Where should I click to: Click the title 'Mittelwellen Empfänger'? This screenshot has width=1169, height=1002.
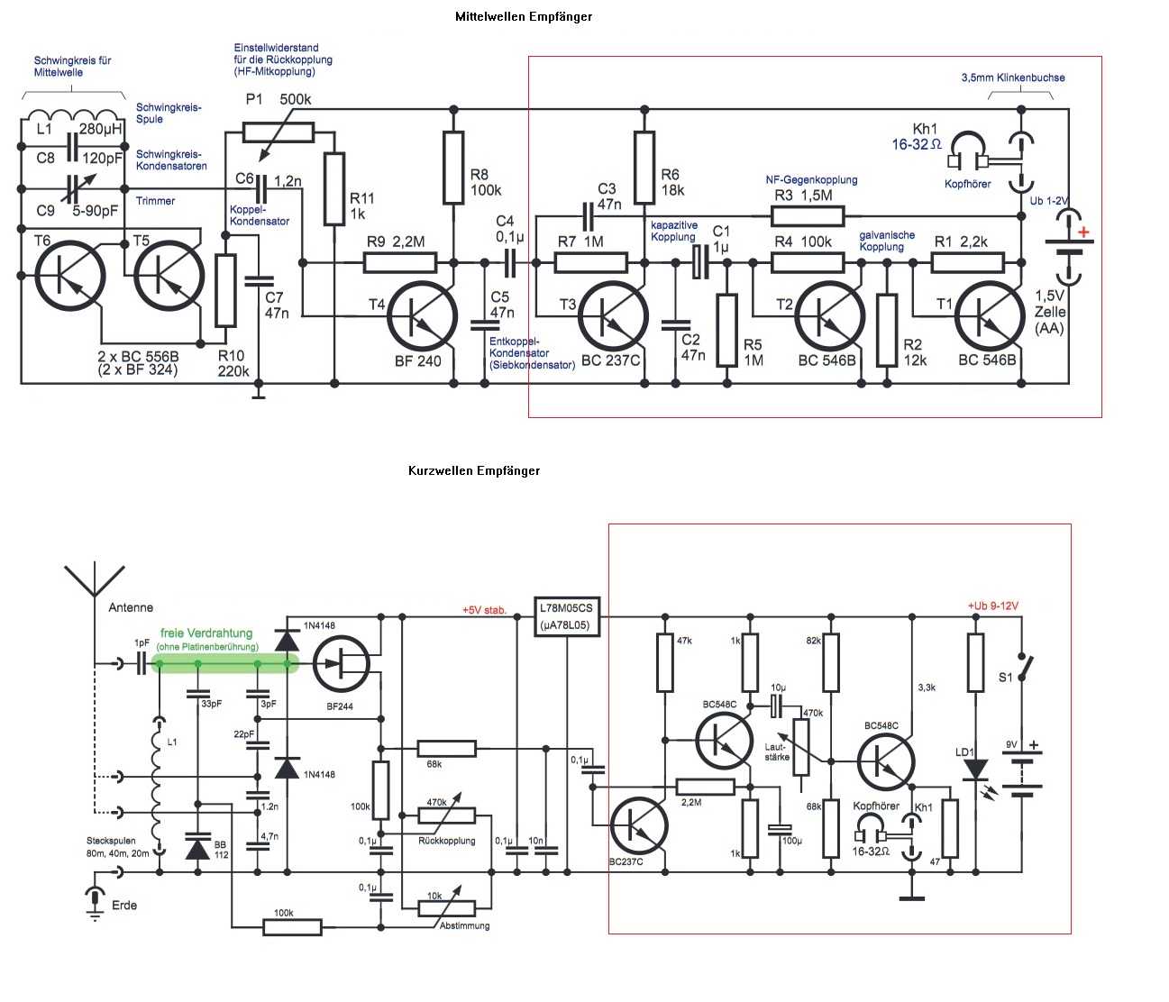pos(523,16)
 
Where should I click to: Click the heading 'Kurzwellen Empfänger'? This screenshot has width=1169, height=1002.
pos(474,470)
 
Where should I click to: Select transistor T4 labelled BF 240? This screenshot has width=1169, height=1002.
pos(422,317)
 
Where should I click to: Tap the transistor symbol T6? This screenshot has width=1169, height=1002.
pos(70,276)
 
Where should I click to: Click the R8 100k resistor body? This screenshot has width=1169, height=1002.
pos(453,168)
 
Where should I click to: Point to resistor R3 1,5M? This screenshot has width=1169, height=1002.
pos(808,216)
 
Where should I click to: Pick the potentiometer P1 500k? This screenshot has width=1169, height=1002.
pos(279,132)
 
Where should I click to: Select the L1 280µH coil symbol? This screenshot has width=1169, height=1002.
pos(72,114)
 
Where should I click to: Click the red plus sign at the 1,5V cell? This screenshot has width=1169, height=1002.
pos(1083,232)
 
